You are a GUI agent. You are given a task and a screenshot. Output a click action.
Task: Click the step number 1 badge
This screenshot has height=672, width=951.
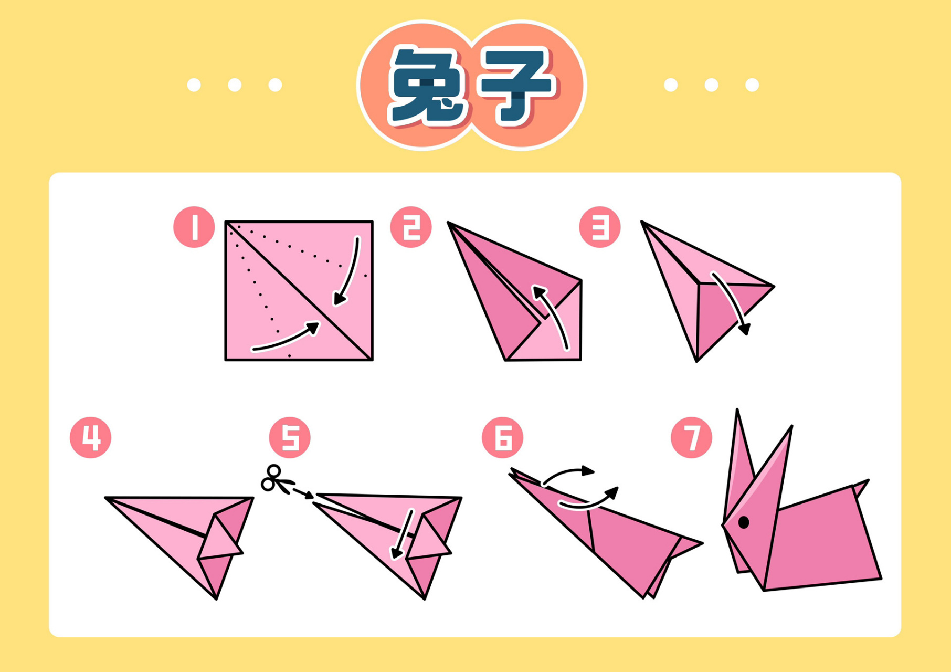click(x=194, y=227)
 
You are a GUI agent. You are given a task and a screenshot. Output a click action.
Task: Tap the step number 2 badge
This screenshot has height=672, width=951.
click(x=411, y=227)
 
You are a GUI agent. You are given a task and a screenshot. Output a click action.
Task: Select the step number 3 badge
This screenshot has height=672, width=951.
click(x=600, y=227)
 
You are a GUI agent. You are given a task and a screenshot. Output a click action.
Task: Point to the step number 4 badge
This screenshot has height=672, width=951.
click(x=90, y=437)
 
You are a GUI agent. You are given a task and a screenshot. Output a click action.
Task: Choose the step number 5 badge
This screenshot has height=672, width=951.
click(x=290, y=437)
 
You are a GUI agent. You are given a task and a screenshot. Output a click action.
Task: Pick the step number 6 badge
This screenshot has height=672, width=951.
click(x=502, y=437)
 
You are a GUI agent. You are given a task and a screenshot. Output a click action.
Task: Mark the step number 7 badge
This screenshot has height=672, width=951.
click(x=692, y=437)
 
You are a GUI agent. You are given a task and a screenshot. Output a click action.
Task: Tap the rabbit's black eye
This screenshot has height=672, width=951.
click(x=744, y=522)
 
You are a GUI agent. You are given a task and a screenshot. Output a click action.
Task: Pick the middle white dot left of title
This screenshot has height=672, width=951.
click(x=235, y=85)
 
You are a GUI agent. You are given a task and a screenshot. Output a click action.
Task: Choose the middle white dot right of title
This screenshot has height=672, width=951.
click(x=711, y=85)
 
